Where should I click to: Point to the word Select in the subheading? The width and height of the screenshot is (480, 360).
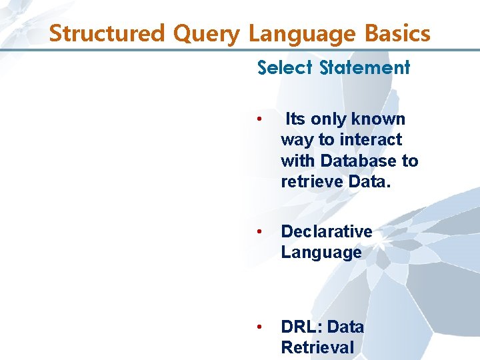point(286,67)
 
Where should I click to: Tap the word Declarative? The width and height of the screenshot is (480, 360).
point(327,231)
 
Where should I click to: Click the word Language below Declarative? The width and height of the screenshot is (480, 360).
point(321,253)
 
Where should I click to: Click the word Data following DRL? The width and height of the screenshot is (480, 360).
point(346,327)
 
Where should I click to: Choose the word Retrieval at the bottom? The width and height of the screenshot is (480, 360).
point(317,347)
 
